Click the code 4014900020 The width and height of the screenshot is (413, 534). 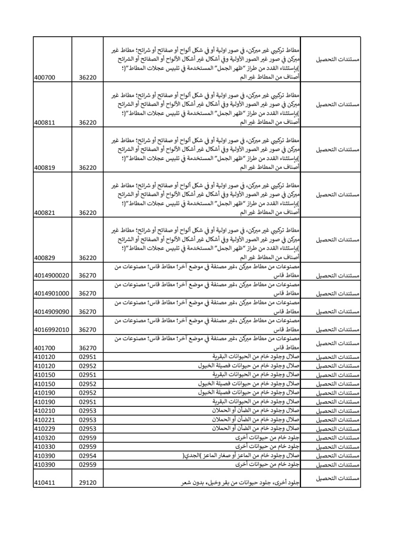click(x=52, y=276)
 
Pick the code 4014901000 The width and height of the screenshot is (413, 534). click(x=52, y=294)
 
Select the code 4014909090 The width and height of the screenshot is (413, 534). click(x=52, y=312)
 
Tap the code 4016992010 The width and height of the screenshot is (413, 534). click(x=52, y=330)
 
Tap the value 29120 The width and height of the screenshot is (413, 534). click(x=88, y=483)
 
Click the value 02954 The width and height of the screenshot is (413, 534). click(x=88, y=456)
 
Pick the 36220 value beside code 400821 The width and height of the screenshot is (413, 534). click(x=88, y=213)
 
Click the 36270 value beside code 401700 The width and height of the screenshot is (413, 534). click(x=88, y=348)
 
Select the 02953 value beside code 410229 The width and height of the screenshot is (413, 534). click(x=88, y=429)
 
